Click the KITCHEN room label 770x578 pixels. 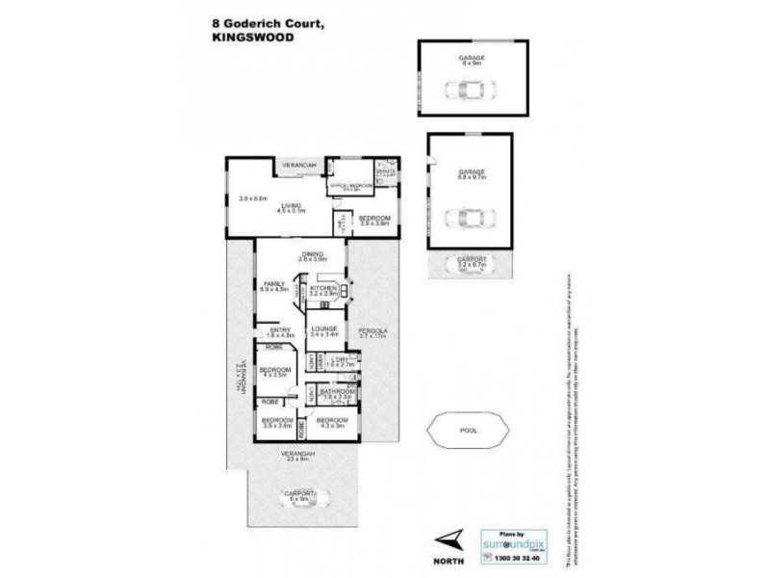[x=321, y=286]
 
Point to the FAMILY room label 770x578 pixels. [x=274, y=282]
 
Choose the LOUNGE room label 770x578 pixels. [x=321, y=330]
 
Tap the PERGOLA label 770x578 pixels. [x=372, y=330]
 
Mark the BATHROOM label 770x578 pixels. [x=333, y=391]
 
